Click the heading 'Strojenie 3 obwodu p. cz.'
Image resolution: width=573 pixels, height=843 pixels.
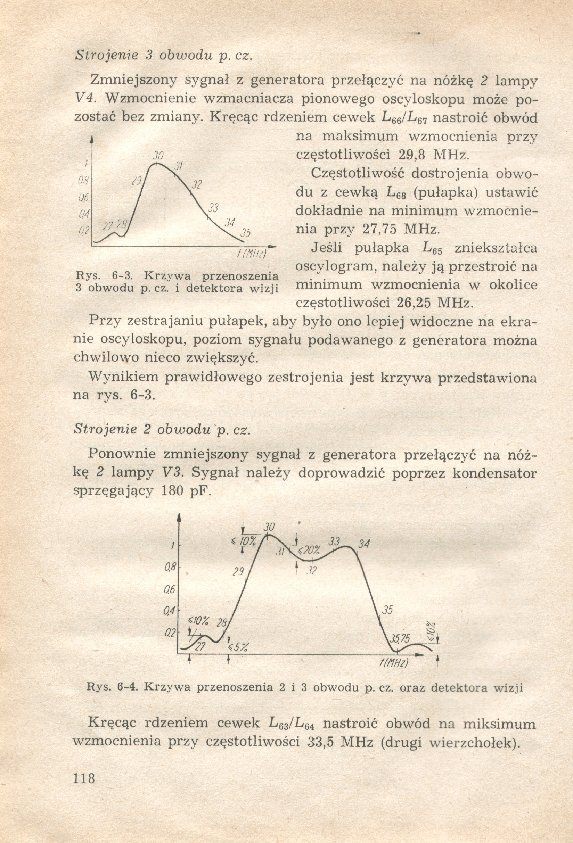click(163, 55)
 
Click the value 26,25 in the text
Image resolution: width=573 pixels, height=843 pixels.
click(413, 303)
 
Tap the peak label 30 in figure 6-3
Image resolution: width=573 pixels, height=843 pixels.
click(157, 156)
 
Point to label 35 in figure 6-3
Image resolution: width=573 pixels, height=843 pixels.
click(246, 234)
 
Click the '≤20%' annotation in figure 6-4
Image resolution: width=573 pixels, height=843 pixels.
click(309, 550)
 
